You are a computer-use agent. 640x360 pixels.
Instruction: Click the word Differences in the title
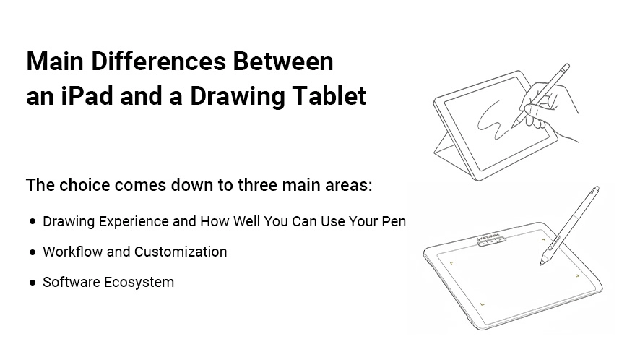[158, 61]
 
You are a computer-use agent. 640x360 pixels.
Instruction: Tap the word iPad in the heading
[87, 96]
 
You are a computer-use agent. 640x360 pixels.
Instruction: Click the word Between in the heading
[283, 61]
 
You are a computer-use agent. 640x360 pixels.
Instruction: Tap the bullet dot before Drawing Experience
[33, 222]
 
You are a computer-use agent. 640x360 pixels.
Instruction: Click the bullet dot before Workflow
[33, 252]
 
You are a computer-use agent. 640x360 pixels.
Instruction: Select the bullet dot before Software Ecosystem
[33, 283]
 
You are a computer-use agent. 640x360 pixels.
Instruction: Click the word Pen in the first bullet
[394, 221]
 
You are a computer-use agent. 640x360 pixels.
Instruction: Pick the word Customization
[181, 252]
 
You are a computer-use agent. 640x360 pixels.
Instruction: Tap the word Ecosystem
[139, 283]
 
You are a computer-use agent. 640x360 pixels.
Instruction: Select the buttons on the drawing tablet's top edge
[492, 241]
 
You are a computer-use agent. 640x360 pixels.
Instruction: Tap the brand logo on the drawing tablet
[488, 236]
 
